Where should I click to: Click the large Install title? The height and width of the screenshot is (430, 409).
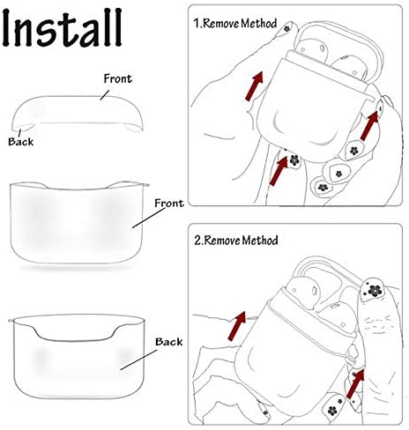click(x=63, y=28)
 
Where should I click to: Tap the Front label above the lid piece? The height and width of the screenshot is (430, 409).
click(x=118, y=78)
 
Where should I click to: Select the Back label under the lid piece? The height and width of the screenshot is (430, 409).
click(x=20, y=142)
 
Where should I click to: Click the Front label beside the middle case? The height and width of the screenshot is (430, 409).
click(x=169, y=203)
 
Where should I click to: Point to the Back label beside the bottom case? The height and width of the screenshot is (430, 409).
click(x=168, y=342)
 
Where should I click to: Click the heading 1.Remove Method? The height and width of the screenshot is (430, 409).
click(x=234, y=23)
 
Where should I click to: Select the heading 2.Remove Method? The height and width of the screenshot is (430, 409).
click(x=235, y=241)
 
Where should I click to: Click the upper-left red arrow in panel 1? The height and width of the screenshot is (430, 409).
click(x=254, y=86)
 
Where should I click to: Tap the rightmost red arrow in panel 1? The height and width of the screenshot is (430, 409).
click(x=369, y=126)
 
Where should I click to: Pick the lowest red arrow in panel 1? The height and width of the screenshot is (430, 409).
click(x=278, y=171)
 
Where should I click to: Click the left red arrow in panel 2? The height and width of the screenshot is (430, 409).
click(x=237, y=326)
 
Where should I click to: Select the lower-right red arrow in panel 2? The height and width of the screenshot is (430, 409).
click(x=355, y=383)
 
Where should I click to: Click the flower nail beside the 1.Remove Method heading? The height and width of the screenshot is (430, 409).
click(x=286, y=28)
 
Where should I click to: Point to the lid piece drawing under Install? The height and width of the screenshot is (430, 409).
click(x=78, y=113)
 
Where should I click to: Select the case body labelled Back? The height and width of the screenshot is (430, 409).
click(x=78, y=357)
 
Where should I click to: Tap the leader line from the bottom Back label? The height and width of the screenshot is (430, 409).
click(x=138, y=360)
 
